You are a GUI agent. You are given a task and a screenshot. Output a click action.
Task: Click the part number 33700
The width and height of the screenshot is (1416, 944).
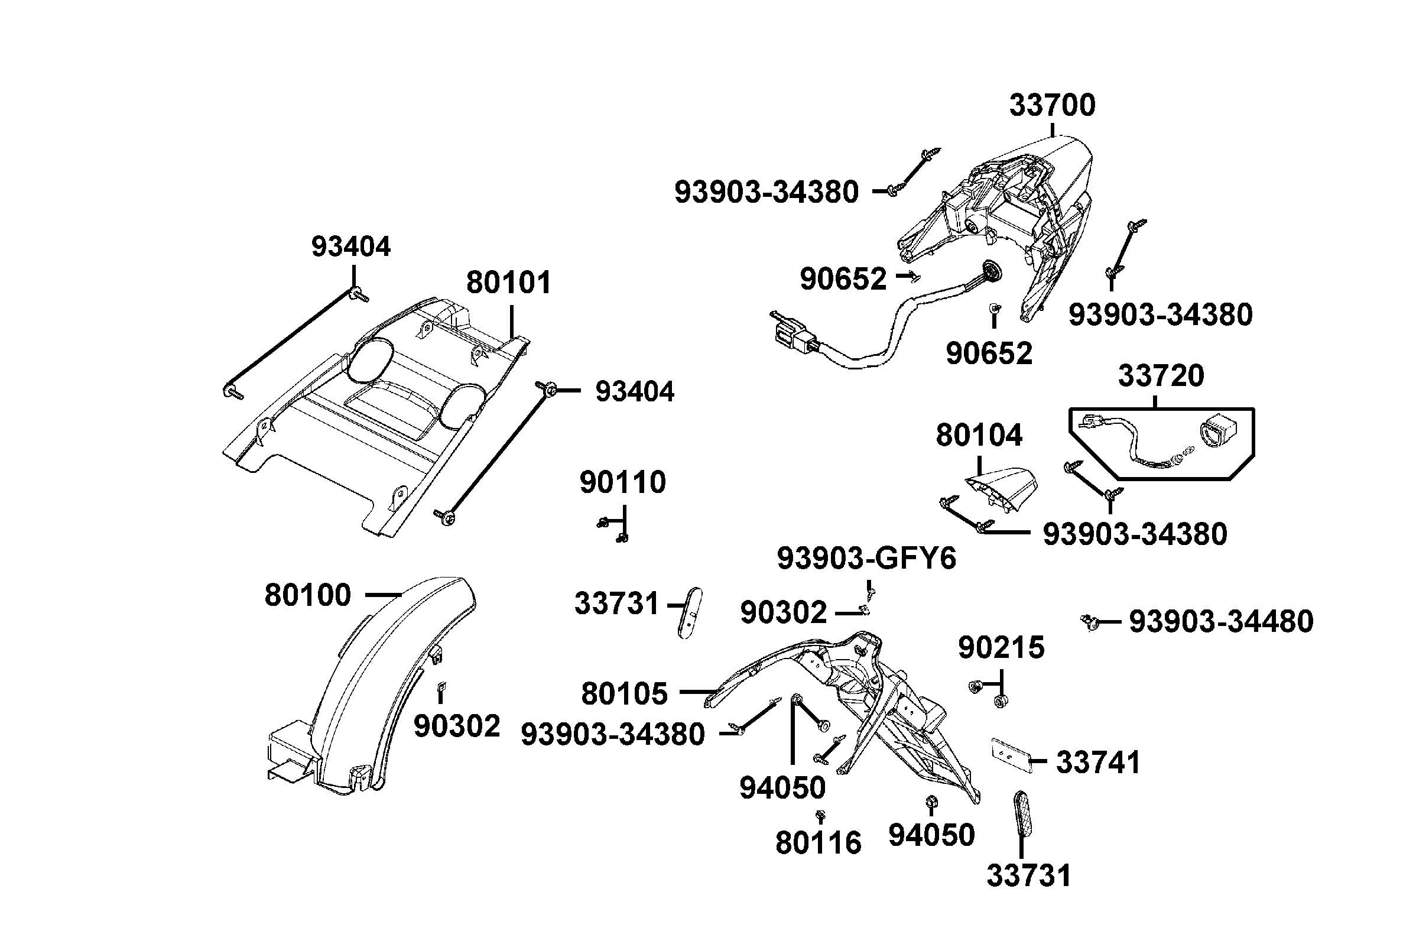(x=1051, y=106)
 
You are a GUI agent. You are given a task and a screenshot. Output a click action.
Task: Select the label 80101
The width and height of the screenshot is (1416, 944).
(x=508, y=283)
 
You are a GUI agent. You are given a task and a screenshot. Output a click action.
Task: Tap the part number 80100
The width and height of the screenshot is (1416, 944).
(x=307, y=595)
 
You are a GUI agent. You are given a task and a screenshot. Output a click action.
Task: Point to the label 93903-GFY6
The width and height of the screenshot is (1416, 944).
(x=866, y=559)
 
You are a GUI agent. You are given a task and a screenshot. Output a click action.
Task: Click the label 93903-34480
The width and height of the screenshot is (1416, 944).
(x=1220, y=622)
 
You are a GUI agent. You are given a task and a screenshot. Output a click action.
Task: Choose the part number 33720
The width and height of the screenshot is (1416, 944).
(x=1160, y=376)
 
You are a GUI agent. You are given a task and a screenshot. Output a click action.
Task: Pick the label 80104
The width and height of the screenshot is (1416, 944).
(x=979, y=435)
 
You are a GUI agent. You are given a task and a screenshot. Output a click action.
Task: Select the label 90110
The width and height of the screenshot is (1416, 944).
(x=622, y=482)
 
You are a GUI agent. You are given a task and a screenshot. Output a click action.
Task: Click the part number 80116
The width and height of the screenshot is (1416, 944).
(x=818, y=843)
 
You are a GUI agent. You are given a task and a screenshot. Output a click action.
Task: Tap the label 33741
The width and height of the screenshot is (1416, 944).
(x=1098, y=763)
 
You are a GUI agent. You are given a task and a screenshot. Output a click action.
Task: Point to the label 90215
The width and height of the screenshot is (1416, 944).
(x=1001, y=648)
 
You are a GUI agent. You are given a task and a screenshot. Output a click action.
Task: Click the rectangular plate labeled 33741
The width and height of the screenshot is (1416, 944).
(x=1010, y=755)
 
